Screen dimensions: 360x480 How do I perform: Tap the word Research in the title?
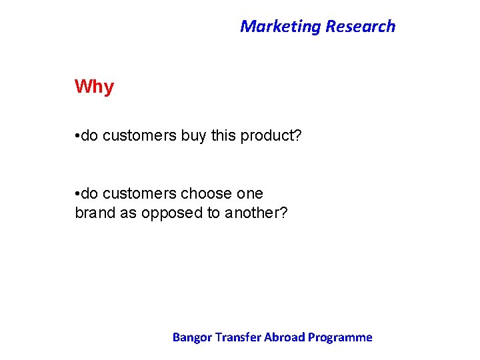pyautogui.click(x=360, y=27)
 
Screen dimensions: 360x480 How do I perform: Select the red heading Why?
pyautogui.click(x=94, y=87)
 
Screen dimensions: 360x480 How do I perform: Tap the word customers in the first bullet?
pyautogui.click(x=139, y=137)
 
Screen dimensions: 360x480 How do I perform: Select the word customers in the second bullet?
pyautogui.click(x=139, y=194)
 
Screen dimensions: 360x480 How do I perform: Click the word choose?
pyautogui.click(x=206, y=194)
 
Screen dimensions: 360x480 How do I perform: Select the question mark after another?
pyautogui.click(x=284, y=214)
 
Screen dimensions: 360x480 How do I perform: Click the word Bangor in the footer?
pyautogui.click(x=191, y=337)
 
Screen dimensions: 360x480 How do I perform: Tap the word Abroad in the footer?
pyautogui.click(x=285, y=337)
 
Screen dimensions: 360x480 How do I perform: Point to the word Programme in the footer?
pyautogui.click(x=341, y=337)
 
